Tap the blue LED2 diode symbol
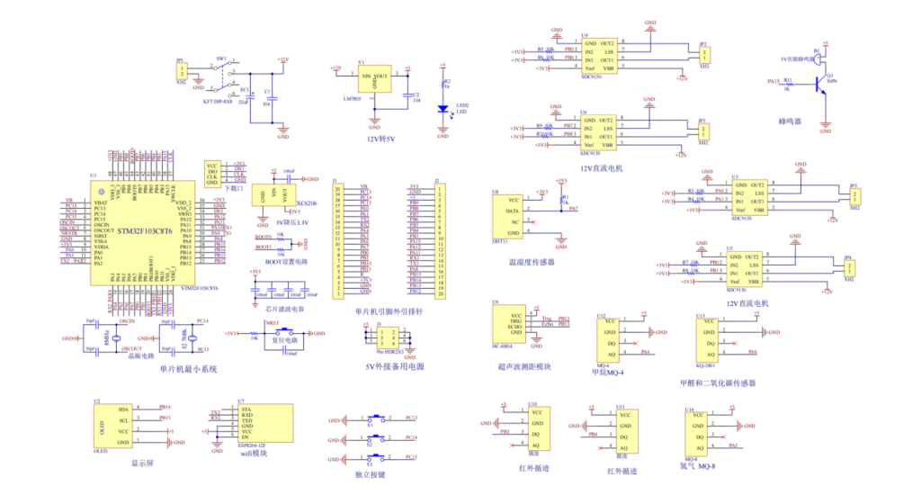click(443, 109)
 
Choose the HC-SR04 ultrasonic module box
click(514, 325)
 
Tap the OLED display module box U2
click(114, 425)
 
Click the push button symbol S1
click(377, 419)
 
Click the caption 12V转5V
click(382, 139)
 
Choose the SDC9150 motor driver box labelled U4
click(598, 56)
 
